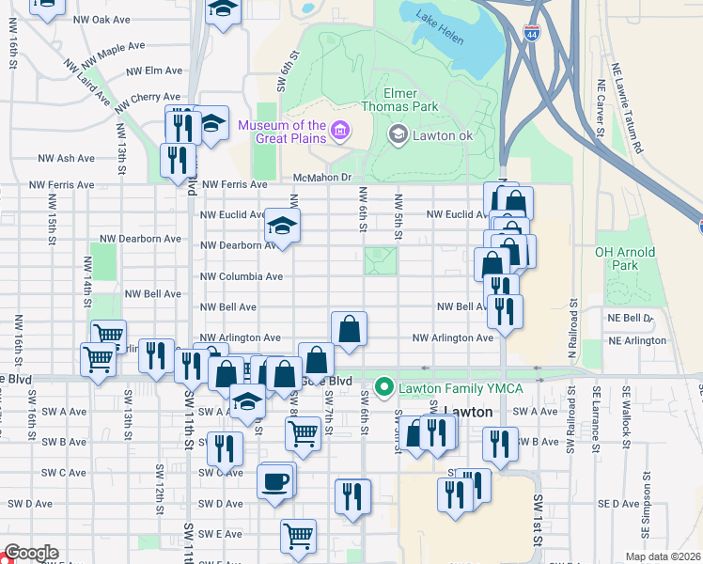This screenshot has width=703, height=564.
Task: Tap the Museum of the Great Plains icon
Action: (339, 132)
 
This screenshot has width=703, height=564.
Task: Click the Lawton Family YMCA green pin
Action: (383, 385)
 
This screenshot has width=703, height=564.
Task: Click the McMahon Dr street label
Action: (321, 178)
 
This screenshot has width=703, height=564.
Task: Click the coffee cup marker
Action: (275, 481)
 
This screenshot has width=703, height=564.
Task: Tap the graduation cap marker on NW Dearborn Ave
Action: (281, 226)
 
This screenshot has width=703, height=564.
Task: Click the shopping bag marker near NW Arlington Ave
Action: (349, 329)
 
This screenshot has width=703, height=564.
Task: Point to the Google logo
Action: (31, 554)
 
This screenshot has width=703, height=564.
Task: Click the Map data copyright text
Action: (663, 556)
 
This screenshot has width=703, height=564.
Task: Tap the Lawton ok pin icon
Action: (398, 135)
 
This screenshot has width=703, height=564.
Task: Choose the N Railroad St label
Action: (571, 325)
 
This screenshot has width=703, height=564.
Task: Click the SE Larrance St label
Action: (595, 416)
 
